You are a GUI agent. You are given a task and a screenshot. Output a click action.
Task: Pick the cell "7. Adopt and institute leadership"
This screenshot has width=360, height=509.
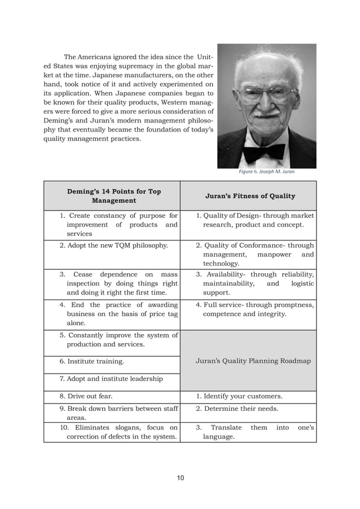pos(111,379)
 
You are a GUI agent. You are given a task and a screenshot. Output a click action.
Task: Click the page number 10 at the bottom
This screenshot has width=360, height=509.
pos(179,478)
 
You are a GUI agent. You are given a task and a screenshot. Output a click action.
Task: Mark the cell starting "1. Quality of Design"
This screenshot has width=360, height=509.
pos(254,220)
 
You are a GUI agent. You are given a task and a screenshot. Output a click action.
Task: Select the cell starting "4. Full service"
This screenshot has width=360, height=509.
pos(254,309)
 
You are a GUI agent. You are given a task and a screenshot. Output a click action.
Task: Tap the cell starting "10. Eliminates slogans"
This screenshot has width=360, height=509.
pos(118,432)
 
